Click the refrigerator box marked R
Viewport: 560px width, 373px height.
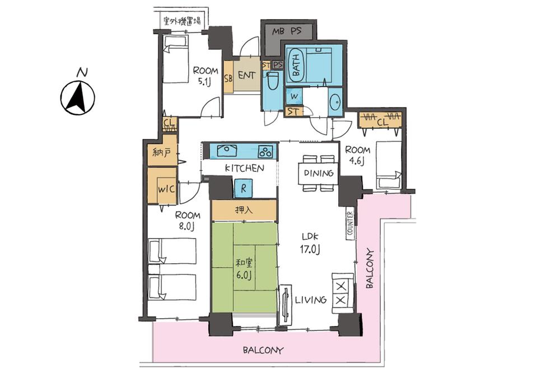click(x=243, y=188)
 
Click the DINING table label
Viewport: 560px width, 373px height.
click(x=318, y=173)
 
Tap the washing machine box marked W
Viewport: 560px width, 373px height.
click(x=294, y=96)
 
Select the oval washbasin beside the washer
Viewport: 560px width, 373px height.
click(x=335, y=103)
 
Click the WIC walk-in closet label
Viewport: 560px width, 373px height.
click(x=166, y=188)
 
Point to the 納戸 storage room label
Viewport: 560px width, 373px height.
click(x=162, y=153)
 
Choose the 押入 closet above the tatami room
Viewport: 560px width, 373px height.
click(x=244, y=209)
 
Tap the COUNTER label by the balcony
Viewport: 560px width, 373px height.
click(x=350, y=223)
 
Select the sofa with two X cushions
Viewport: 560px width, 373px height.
click(x=343, y=293)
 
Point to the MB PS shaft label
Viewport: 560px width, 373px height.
click(x=287, y=31)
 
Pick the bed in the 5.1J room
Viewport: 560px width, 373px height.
click(x=176, y=59)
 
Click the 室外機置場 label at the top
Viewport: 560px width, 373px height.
click(x=182, y=21)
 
